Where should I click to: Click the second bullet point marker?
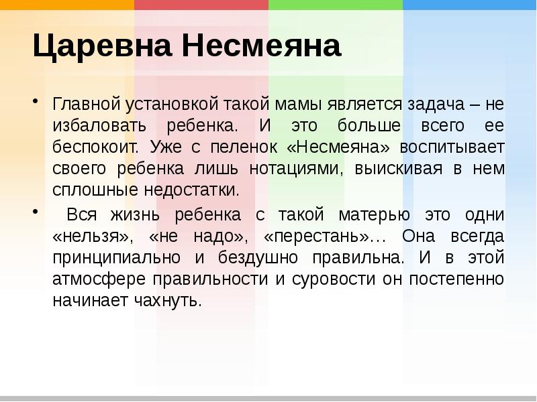36,212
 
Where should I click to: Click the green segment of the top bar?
336,5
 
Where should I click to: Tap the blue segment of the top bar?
470,5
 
